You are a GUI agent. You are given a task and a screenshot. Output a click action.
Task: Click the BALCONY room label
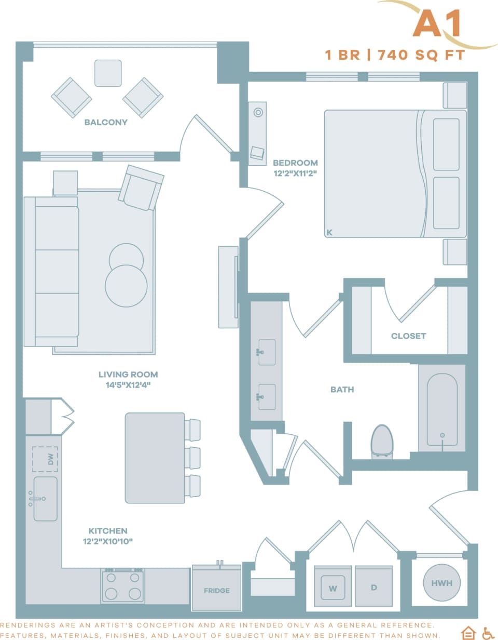click(x=106, y=123)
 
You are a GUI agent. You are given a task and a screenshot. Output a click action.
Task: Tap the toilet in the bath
click(x=382, y=441)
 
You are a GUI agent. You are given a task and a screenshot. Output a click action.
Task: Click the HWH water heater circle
click(x=441, y=583)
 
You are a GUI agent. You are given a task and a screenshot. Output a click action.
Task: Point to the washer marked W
click(x=333, y=587)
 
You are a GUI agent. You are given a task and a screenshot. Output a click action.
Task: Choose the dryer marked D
click(x=374, y=587)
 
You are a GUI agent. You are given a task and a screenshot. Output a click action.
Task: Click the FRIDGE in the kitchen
click(x=216, y=590)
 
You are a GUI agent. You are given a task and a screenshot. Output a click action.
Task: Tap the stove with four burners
click(x=123, y=585)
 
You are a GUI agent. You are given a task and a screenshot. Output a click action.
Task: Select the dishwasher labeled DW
click(x=45, y=459)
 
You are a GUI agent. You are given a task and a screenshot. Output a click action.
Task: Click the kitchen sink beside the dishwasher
click(x=45, y=499)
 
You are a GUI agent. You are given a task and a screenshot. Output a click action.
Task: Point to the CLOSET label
click(x=408, y=336)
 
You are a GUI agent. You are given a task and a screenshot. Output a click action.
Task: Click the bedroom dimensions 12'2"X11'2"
click(x=296, y=174)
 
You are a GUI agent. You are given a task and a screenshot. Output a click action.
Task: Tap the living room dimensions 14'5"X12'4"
click(x=128, y=385)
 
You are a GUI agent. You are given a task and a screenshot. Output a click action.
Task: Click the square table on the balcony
click(x=108, y=73)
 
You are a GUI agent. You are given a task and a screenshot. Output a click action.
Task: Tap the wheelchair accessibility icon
click(x=488, y=633)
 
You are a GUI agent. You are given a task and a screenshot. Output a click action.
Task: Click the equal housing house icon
click(x=469, y=633)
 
